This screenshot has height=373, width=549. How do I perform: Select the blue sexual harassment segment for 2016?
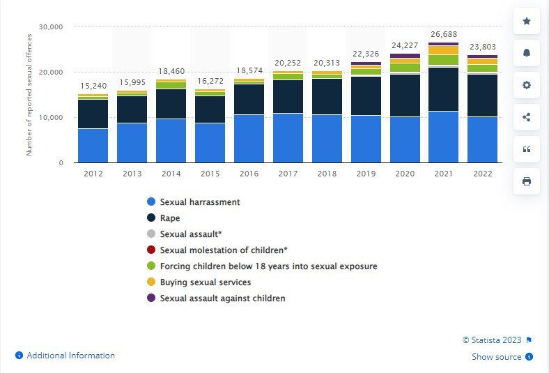[x=248, y=138]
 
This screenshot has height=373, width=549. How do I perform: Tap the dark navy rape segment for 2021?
[x=443, y=89]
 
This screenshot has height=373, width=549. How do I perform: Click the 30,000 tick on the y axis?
[x=52, y=26]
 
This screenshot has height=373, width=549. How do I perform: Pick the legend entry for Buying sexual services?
[x=205, y=282]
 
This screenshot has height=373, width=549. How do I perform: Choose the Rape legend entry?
[x=170, y=218]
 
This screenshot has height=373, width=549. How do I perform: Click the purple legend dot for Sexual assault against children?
[x=150, y=298]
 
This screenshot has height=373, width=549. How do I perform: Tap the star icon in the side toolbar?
[x=527, y=22]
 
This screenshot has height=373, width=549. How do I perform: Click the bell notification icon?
[x=527, y=53]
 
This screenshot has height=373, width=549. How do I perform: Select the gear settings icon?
[x=527, y=85]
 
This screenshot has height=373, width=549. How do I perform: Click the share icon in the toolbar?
[x=527, y=117]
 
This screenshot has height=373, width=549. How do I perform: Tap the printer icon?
[x=527, y=181]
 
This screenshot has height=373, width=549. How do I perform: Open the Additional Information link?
[x=70, y=356]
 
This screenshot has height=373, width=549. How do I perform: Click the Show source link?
[x=496, y=357]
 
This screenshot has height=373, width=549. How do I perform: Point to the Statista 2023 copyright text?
[x=493, y=340]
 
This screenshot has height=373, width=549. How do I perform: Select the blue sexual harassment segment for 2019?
[x=365, y=139]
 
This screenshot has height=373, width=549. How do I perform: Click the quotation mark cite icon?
[x=527, y=149]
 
